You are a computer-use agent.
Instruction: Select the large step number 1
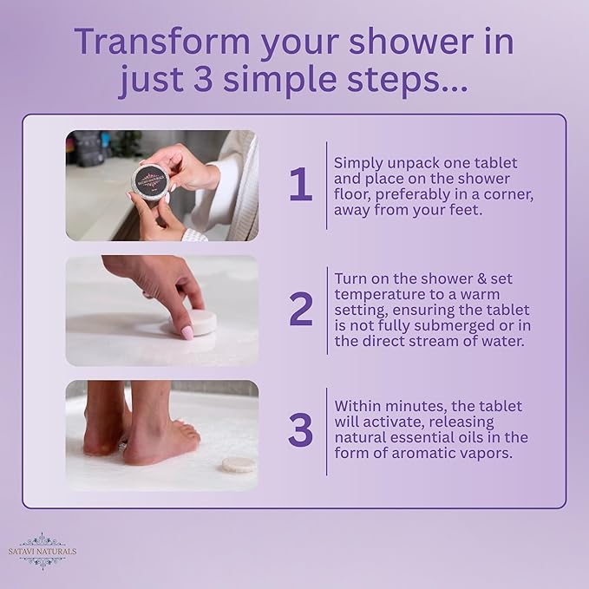coord(300,184)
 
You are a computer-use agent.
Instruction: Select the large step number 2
coord(300,310)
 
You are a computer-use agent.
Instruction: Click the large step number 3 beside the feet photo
coord(300,431)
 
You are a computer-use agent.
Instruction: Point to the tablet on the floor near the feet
coord(239,464)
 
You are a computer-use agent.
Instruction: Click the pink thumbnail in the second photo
coord(186,332)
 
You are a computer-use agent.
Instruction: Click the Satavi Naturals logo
coord(43,551)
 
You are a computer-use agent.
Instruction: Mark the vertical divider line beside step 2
coord(326,310)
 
